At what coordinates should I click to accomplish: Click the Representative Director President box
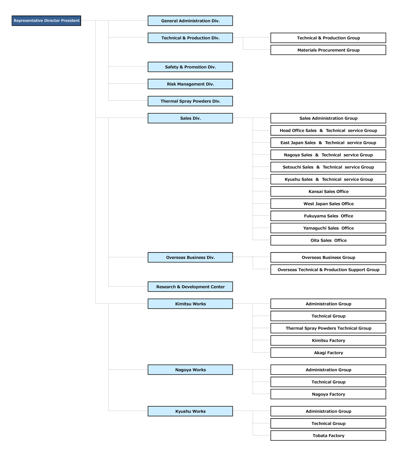pos(46,21)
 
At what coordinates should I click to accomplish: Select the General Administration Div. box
pos(190,21)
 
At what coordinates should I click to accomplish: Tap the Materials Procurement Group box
pos(328,50)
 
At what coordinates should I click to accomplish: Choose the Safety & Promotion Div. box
pos(190,67)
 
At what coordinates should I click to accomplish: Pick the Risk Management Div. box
pos(190,84)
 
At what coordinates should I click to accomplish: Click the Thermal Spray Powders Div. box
pos(190,101)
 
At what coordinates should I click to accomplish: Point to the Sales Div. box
pos(190,118)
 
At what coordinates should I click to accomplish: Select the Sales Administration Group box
pos(328,118)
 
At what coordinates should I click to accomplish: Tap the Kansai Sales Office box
pos(328,191)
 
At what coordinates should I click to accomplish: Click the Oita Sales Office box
pos(328,240)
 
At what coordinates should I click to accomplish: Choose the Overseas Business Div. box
pos(190,257)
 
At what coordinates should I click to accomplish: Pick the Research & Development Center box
pos(190,287)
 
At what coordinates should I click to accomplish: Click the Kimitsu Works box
pos(190,304)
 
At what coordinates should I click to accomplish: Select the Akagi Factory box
pos(328,353)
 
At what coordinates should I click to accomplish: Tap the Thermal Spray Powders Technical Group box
pos(328,328)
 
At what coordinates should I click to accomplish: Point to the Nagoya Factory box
pos(328,394)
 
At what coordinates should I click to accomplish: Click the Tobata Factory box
pos(328,435)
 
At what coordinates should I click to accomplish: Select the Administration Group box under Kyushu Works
pos(328,411)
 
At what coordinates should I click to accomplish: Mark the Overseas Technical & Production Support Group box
pos(328,270)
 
